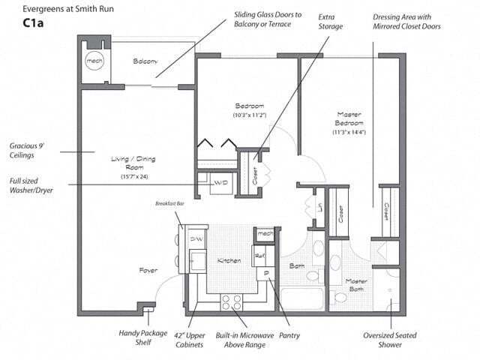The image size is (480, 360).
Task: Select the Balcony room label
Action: click(x=145, y=61)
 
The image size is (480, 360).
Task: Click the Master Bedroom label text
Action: click(x=349, y=118)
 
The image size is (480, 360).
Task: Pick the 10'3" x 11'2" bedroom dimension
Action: click(x=248, y=115)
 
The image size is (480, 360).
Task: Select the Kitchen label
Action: click(x=229, y=260)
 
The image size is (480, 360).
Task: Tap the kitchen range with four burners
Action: click(x=232, y=302)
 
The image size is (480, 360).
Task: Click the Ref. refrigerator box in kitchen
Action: click(x=261, y=256)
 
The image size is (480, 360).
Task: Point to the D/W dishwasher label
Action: click(x=196, y=238)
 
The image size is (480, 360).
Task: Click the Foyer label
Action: click(x=148, y=270)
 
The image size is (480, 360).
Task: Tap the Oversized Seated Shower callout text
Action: click(x=390, y=340)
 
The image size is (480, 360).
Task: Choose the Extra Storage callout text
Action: click(x=330, y=21)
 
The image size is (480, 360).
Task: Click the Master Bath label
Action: click(x=355, y=286)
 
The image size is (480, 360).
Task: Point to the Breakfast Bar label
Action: click(x=169, y=203)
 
